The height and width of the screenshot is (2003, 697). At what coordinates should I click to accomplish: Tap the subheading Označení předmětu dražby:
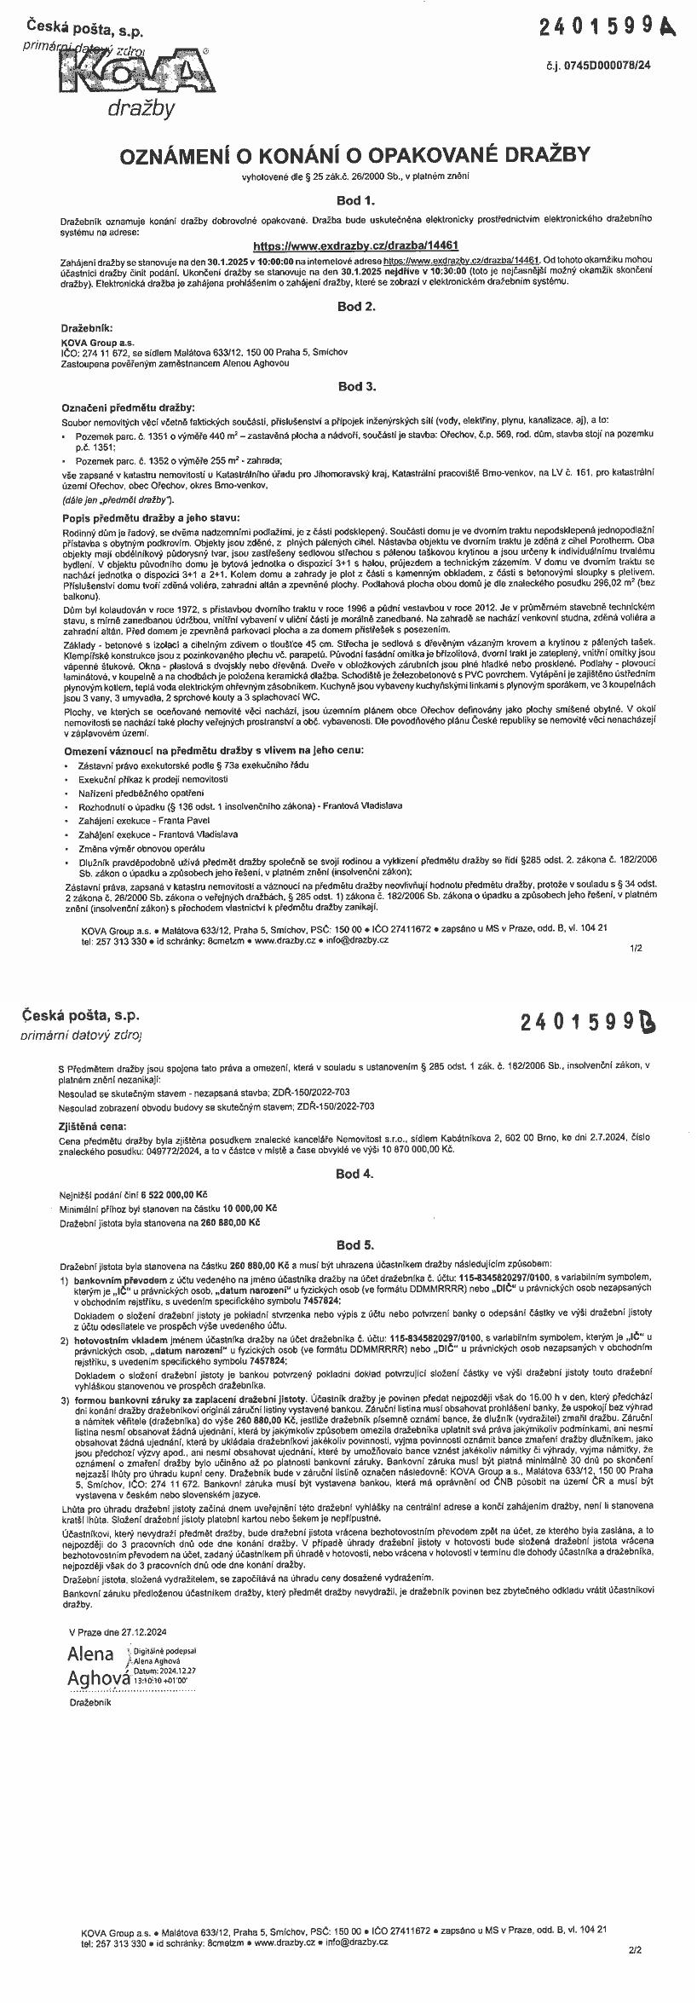129,407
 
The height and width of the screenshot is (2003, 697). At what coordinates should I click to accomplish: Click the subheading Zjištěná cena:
94,1125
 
